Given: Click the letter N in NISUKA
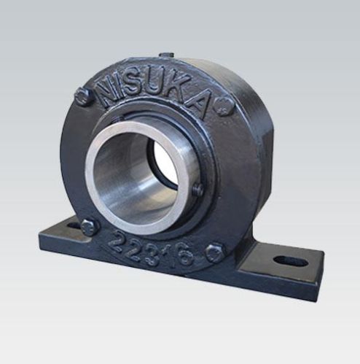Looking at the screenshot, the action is [x=109, y=90].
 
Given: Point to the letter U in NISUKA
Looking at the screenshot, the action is [x=156, y=84].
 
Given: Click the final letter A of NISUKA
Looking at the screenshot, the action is [x=199, y=104].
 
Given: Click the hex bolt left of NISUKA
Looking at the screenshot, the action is [x=84, y=97].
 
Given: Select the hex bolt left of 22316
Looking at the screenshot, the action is [x=90, y=228].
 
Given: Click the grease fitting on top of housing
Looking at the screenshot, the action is [x=166, y=55].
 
